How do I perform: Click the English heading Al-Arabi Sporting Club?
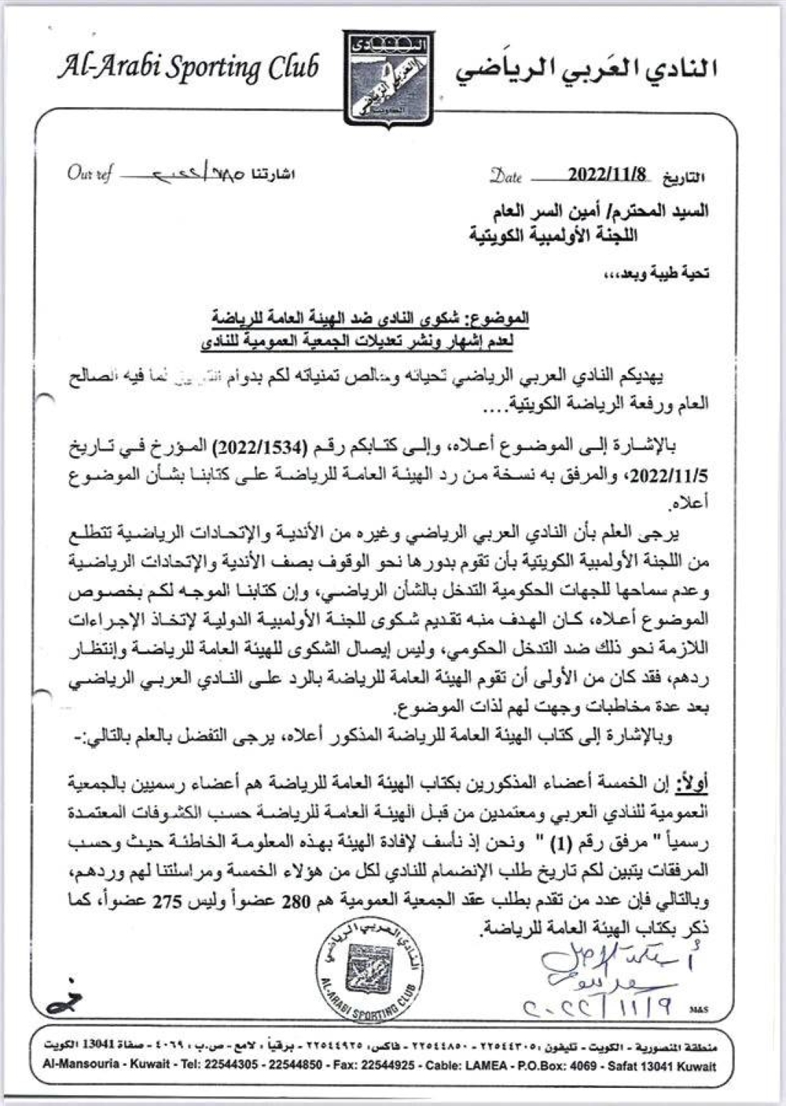click(187, 67)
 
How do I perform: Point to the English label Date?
click(506, 175)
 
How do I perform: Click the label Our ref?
click(89, 173)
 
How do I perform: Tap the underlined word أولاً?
click(692, 783)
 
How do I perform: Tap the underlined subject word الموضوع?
click(499, 319)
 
